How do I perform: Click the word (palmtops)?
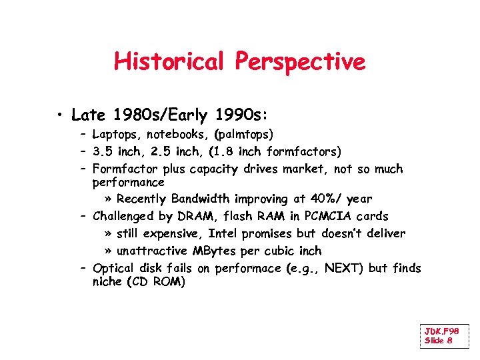243,135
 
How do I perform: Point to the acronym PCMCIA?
329,216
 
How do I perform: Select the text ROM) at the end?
169,282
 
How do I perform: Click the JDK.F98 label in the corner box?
441,331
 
